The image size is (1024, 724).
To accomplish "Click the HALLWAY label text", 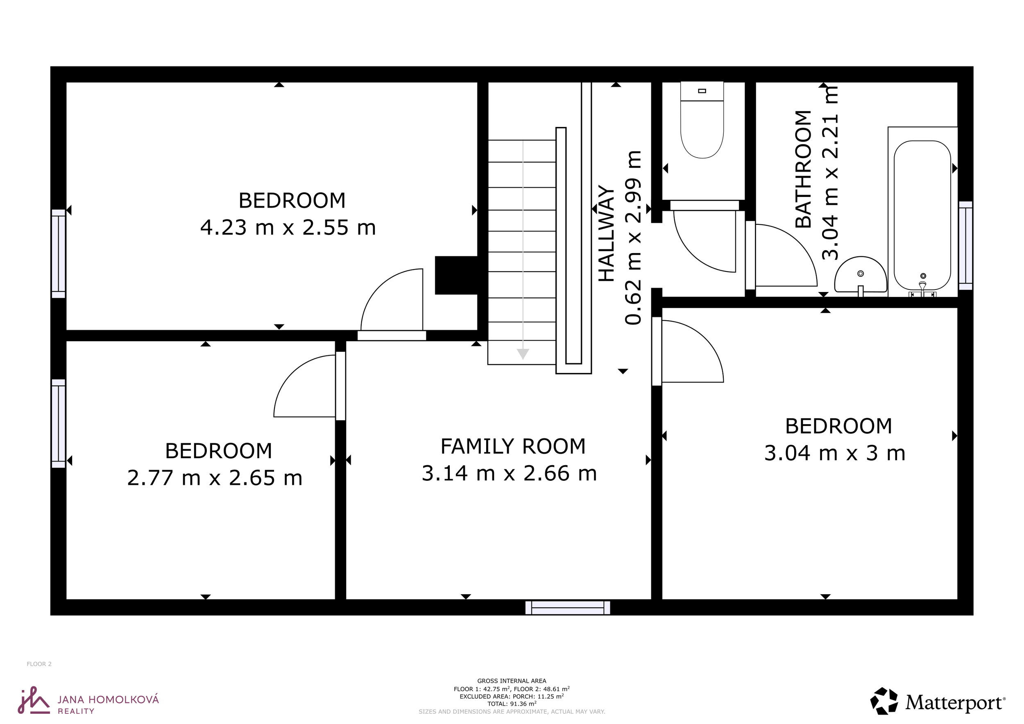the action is coord(607,233).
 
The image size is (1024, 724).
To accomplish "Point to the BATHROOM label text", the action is coord(803,169).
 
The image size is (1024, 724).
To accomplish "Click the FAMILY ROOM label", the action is coord(513,446).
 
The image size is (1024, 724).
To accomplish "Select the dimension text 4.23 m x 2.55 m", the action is coord(288,227).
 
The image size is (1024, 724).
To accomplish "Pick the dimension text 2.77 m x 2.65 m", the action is coord(215,478).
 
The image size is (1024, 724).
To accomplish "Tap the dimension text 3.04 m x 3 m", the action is coord(835,453).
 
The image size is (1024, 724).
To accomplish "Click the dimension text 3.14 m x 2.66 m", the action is coord(509,473).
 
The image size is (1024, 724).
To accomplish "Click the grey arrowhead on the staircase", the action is coord(523,354).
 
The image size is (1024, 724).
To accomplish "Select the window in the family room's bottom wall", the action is coord(568,608).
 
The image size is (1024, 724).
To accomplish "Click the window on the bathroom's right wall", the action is coord(965,246).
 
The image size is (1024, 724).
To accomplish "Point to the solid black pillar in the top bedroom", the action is coord(456,275).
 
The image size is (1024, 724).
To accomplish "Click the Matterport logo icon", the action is coord(884,701).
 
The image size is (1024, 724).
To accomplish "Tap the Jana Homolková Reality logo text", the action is coord(109,704).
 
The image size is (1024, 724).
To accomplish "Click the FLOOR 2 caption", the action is coord(39,664).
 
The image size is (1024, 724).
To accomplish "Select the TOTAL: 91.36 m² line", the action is coord(512,704).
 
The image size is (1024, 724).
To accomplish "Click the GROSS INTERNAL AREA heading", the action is coord(512,681).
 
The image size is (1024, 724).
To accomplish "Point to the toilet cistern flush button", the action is coord(702,91).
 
